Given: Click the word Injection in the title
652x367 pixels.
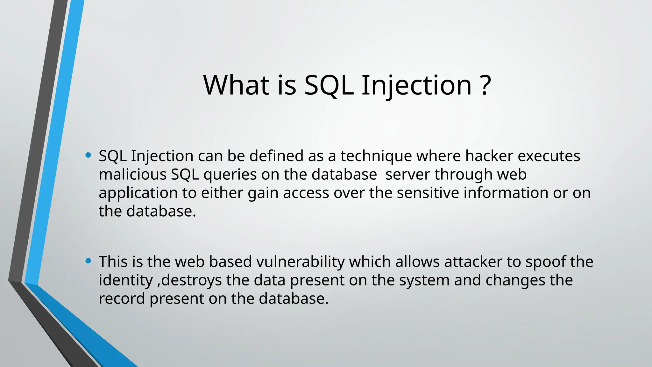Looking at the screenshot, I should pyautogui.click(x=416, y=85).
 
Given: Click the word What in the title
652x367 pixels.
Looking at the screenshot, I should pyautogui.click(x=236, y=85).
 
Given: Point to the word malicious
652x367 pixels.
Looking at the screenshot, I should pyautogui.click(x=133, y=175).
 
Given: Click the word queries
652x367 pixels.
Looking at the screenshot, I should pyautogui.click(x=230, y=175).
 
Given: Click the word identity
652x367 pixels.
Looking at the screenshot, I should pyautogui.click(x=126, y=280).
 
